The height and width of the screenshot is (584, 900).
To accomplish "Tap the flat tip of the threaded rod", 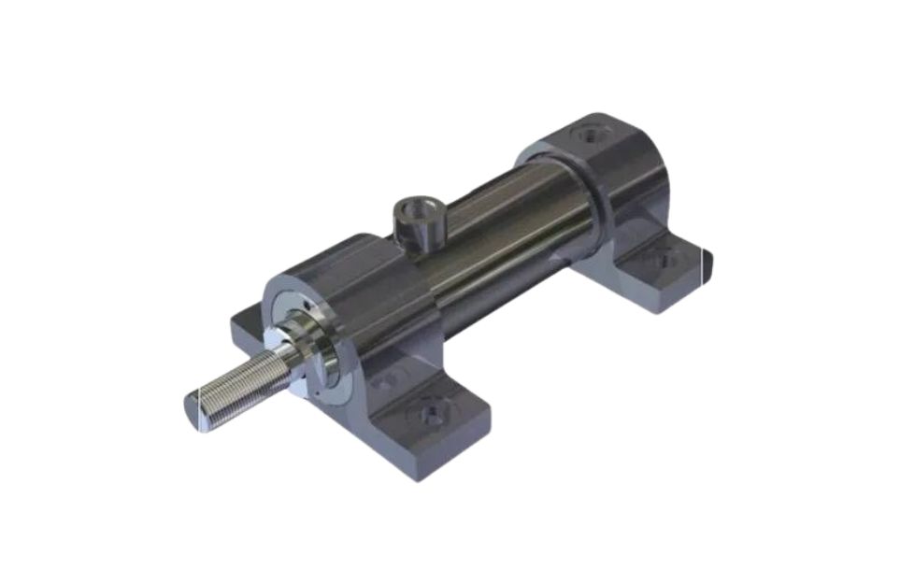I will [193, 411].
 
